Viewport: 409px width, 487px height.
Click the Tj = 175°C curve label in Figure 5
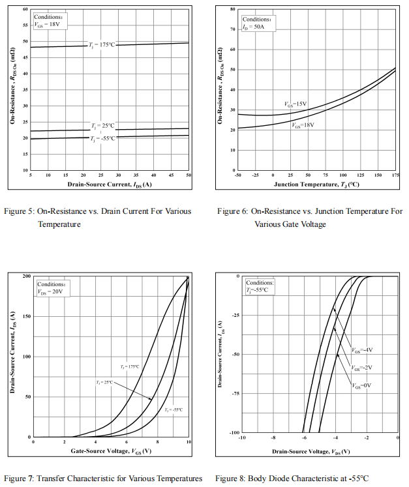pyautogui.click(x=102, y=45)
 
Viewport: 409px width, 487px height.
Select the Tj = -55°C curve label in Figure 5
pyautogui.click(x=102, y=138)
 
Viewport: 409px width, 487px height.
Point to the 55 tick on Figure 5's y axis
pyautogui.click(x=25, y=25)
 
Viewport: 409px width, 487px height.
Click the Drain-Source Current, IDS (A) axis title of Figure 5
pyautogui.click(x=110, y=184)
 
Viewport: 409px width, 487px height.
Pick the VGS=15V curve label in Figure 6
pyautogui.click(x=295, y=104)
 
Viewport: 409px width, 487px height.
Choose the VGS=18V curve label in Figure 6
pyautogui.click(x=303, y=125)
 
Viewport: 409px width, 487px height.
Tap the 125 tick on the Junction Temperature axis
pyautogui.click(x=361, y=175)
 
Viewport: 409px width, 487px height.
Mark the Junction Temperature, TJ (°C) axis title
pyautogui.click(x=316, y=184)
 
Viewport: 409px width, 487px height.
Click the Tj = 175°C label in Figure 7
pyautogui.click(x=130, y=367)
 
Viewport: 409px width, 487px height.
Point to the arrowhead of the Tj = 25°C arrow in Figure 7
pyautogui.click(x=151, y=399)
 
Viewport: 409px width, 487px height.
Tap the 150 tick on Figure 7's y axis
pyautogui.click(x=27, y=316)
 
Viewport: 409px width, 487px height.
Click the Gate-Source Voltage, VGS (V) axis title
pyautogui.click(x=111, y=451)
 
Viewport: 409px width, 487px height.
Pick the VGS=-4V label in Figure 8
pyautogui.click(x=363, y=350)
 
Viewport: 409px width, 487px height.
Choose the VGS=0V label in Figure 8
pyautogui.click(x=361, y=385)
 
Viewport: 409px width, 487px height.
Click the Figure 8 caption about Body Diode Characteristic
pyautogui.click(x=292, y=479)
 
